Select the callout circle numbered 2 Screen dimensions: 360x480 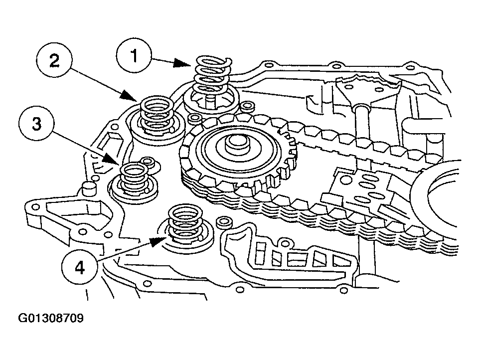pyautogui.click(x=54, y=61)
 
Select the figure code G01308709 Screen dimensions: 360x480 pyautogui.click(x=50, y=318)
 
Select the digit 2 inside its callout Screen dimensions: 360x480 pyautogui.click(x=54, y=61)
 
